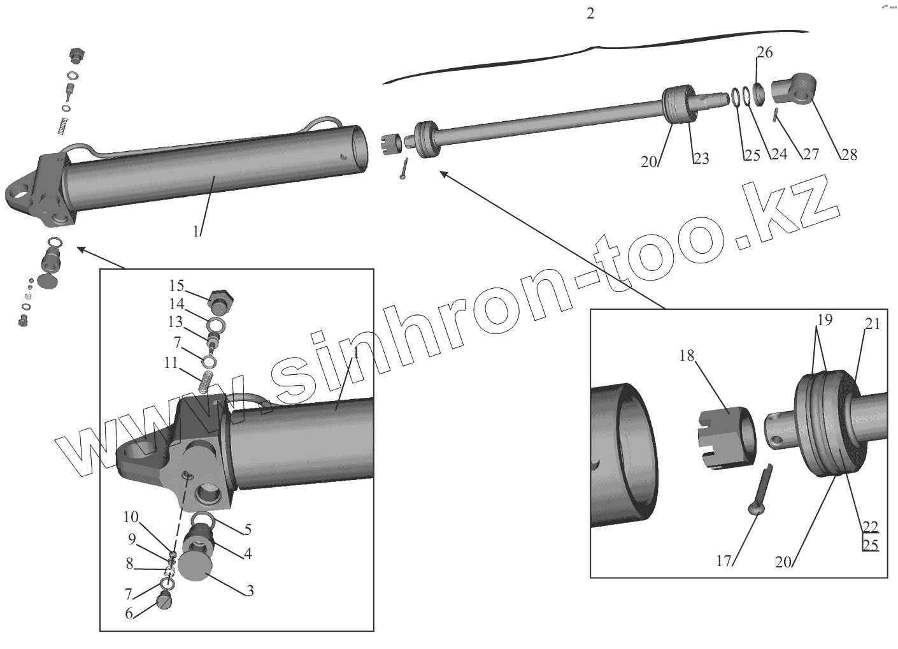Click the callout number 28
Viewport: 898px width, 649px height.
(x=849, y=154)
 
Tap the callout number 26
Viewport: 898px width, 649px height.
(x=765, y=52)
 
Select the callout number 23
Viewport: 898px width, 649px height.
(x=701, y=159)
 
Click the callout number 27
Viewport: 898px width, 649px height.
(x=811, y=154)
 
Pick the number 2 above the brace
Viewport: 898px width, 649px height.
(x=590, y=13)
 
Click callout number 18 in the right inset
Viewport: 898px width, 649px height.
(x=686, y=356)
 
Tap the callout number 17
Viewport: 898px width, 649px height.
(x=723, y=561)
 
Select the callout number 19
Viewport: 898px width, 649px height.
(x=825, y=319)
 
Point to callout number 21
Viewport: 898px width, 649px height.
(x=872, y=324)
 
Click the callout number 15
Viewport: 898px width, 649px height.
(x=176, y=284)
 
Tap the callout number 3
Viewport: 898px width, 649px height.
(x=250, y=591)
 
